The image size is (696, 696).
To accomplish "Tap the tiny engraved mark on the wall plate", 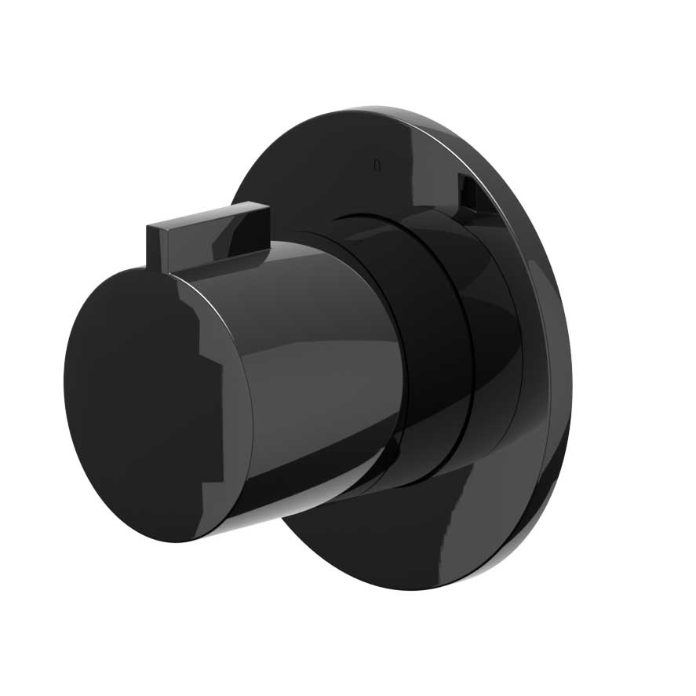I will [x=377, y=166].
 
